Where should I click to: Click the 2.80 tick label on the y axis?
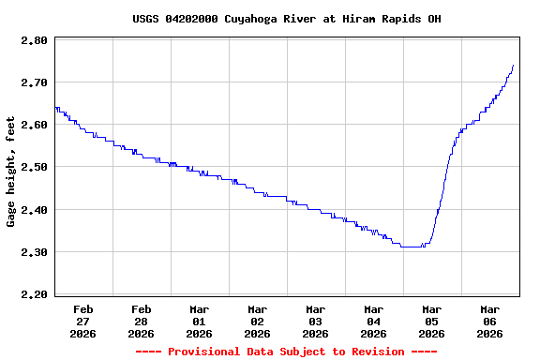click(x=35, y=41)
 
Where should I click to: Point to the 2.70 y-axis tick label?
click(x=35, y=83)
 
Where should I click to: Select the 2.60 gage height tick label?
click(x=35, y=126)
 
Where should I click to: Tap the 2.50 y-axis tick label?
click(x=35, y=168)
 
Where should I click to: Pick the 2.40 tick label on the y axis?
click(x=35, y=210)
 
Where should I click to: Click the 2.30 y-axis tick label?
click(x=35, y=252)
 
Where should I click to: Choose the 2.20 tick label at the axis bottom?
click(x=35, y=294)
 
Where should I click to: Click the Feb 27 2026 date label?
click(x=83, y=321)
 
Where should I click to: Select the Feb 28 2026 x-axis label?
click(x=142, y=321)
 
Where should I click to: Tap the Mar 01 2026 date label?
click(x=200, y=321)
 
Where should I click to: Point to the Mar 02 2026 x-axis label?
click(x=258, y=321)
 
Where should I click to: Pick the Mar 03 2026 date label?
click(x=316, y=321)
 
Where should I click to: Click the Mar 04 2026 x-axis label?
click(x=374, y=321)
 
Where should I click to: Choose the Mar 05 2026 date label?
click(x=432, y=321)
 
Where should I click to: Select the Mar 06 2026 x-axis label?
click(x=490, y=321)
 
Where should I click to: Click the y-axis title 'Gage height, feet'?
click(x=11, y=172)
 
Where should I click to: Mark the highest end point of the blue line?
click(x=514, y=66)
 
